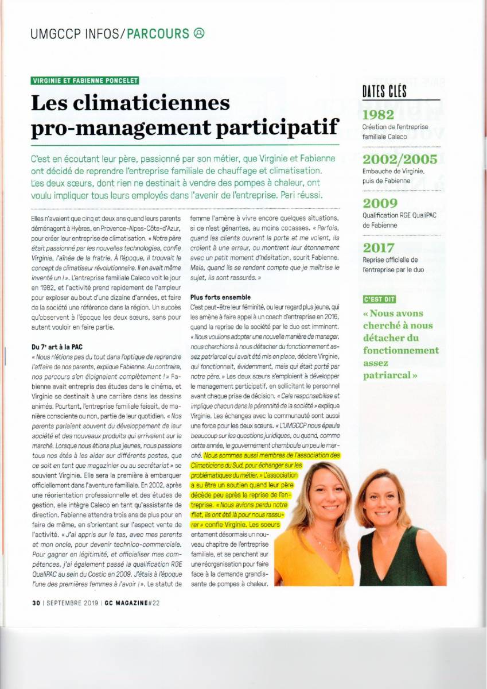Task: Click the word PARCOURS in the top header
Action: click(x=158, y=34)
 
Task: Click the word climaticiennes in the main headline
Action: click(x=130, y=103)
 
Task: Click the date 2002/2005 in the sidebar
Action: click(x=400, y=159)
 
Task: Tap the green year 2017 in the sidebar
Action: click(x=378, y=248)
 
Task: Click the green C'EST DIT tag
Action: click(x=379, y=299)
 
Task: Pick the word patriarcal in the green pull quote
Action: click(x=388, y=376)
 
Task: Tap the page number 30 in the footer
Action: click(x=36, y=603)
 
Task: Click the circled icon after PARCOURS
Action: click(x=199, y=33)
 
